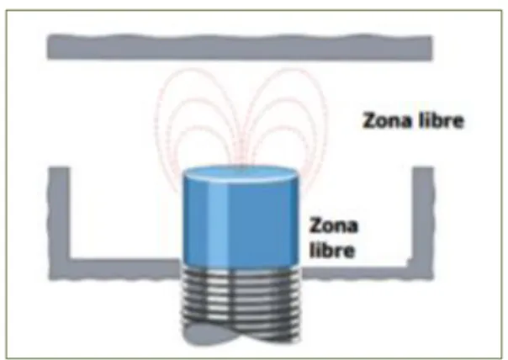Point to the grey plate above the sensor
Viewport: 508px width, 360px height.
(x=240, y=48)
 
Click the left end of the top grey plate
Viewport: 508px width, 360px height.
(x=49, y=48)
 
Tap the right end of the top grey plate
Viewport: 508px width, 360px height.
(x=431, y=49)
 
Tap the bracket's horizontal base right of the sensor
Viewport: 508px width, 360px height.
(x=357, y=272)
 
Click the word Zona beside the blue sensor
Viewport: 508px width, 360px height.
(x=334, y=225)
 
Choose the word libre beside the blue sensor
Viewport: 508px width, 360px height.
(x=331, y=250)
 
